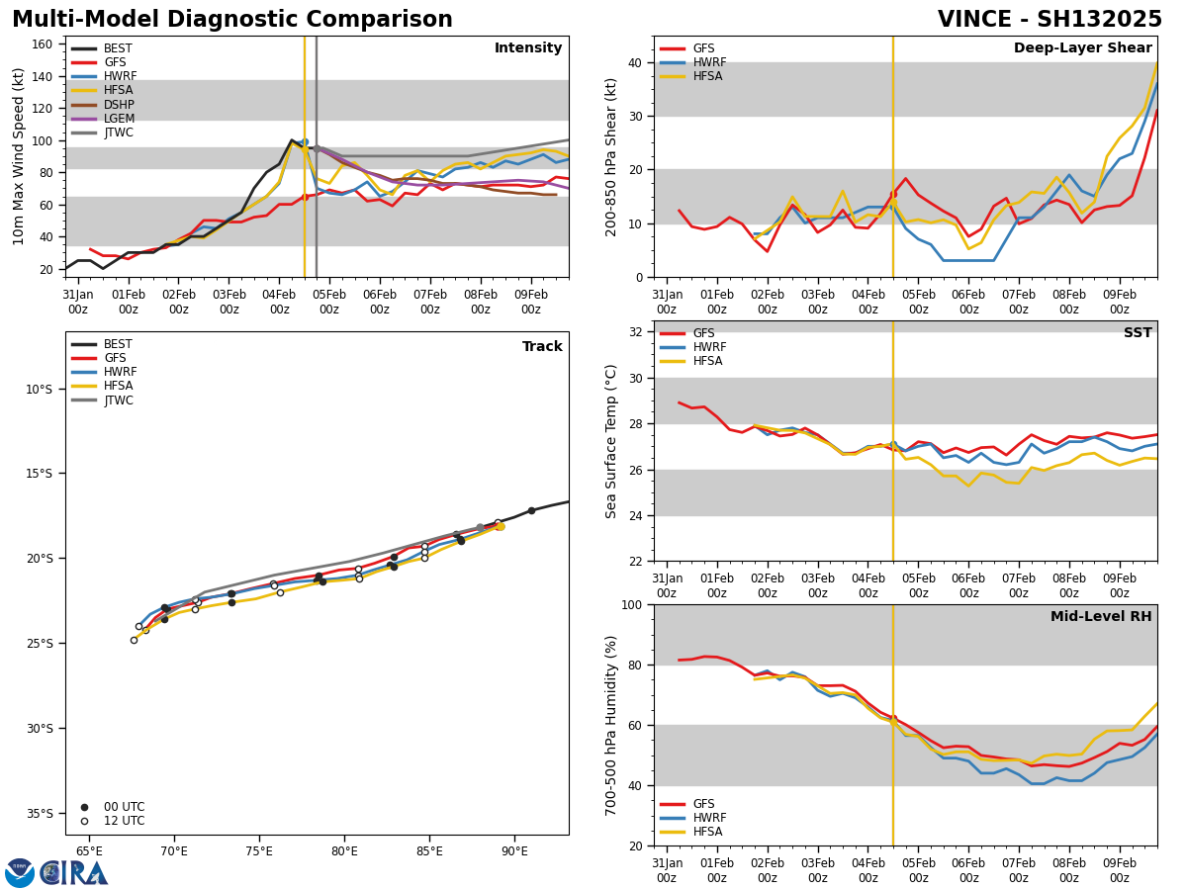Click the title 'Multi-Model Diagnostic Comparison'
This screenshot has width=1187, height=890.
232,20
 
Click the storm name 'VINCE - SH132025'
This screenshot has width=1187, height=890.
1050,20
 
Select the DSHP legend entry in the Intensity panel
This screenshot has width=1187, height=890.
119,105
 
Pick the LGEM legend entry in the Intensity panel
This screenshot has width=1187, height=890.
119,119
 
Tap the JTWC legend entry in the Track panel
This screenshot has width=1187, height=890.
119,400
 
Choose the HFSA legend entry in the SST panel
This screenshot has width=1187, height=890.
707,362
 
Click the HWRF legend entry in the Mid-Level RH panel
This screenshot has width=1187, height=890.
709,818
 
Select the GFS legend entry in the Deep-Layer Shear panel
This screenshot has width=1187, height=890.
703,48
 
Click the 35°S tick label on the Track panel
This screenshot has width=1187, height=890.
38,814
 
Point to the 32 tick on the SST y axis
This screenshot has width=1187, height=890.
637,332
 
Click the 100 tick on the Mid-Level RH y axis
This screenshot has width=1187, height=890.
633,605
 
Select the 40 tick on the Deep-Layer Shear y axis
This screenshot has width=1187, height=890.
637,63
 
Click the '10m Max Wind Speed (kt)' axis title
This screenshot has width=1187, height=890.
19,156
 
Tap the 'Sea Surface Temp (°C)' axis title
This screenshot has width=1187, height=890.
611,441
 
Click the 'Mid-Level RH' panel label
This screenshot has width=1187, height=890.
1101,617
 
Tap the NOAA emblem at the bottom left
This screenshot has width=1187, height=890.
20,873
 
